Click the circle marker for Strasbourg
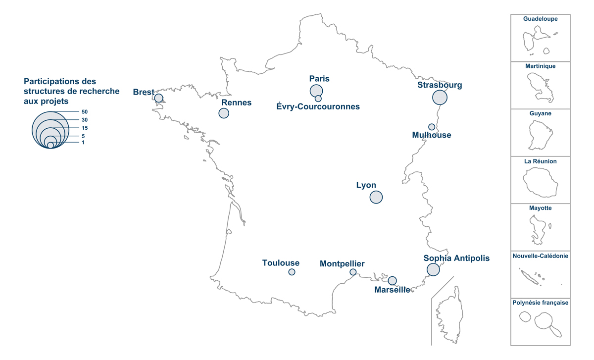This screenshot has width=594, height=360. coord(440,97)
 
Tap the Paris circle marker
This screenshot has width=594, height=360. coord(316,91)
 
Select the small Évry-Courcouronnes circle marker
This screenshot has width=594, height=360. coord(318,99)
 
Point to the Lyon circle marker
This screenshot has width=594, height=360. coord(376,197)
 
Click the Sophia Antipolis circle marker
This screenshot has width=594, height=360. coord(433,269)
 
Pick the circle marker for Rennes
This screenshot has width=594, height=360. coord(224,113)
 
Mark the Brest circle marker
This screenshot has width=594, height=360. coord(159,98)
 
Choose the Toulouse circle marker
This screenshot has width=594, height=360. coord(292,272)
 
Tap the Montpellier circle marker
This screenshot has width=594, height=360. coord(353,272)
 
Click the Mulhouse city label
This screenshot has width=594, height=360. coord(432,135)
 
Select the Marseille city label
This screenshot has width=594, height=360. coord(392,290)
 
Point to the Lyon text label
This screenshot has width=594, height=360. coord(366,185)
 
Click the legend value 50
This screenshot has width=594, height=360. coord(85,112)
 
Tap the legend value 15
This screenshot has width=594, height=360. coord(85,128)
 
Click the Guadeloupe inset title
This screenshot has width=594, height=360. coord(541,19)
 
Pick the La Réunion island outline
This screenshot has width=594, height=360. coord(541,182)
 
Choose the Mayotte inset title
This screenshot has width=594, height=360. coord(541,208)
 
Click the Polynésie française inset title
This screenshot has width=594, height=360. coord(541,303)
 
